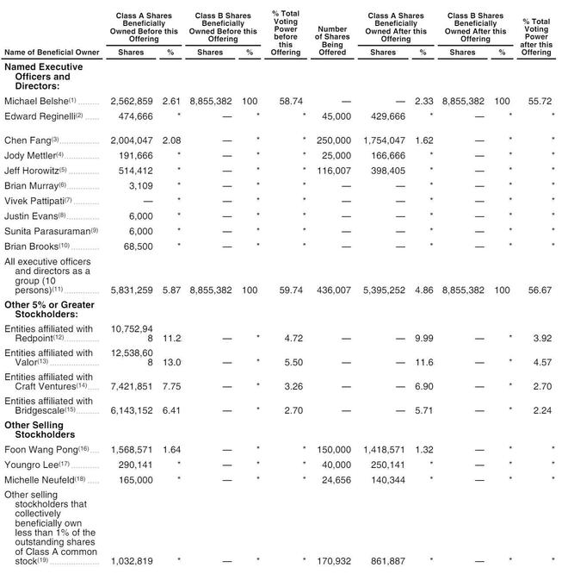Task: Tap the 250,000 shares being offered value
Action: pos(334,140)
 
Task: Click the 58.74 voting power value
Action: pos(286,102)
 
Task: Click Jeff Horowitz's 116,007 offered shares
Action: pos(334,171)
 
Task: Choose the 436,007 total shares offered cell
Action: pos(334,291)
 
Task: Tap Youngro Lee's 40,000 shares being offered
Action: pos(336,465)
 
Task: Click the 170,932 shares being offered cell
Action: pos(334,562)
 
